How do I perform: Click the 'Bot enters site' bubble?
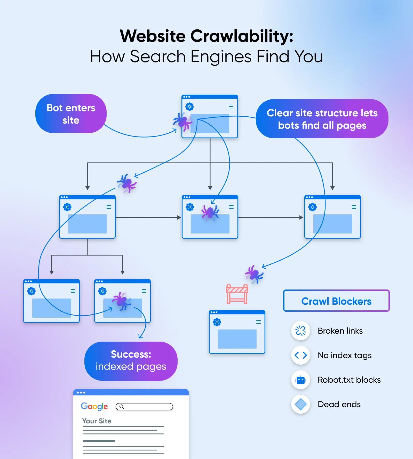pyautogui.click(x=71, y=114)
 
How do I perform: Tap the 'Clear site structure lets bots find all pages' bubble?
pyautogui.click(x=322, y=119)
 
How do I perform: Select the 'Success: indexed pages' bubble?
pyautogui.click(x=131, y=361)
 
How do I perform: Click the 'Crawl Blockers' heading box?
pyautogui.click(x=336, y=301)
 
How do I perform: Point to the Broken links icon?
pyautogui.click(x=300, y=331)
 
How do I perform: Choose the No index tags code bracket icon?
pyautogui.click(x=300, y=355)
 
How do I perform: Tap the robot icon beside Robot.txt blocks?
pyautogui.click(x=300, y=380)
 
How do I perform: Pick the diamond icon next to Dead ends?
pyautogui.click(x=300, y=404)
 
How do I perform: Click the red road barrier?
pyautogui.click(x=237, y=294)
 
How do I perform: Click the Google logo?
pyautogui.click(x=94, y=406)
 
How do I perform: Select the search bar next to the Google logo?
pyautogui.click(x=144, y=407)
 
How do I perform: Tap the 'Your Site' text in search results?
pyautogui.click(x=97, y=421)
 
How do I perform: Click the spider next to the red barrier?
pyautogui.click(x=254, y=274)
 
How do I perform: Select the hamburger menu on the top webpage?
pyautogui.click(x=231, y=107)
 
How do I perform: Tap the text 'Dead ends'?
pyautogui.click(x=339, y=404)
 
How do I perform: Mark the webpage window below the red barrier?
pyautogui.click(x=237, y=332)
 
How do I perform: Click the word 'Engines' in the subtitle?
pyautogui.click(x=221, y=56)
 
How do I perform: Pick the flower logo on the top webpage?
pyautogui.click(x=190, y=107)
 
